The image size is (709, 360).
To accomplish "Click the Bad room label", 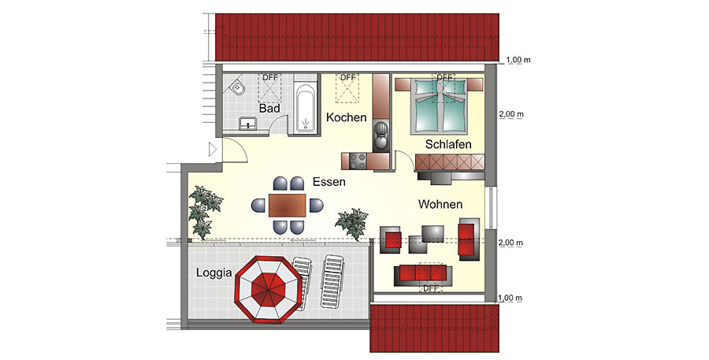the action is (269, 109).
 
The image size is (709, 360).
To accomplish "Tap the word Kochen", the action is (347, 117).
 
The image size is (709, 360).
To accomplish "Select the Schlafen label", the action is (448, 144).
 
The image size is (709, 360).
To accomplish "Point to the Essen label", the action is (329, 182).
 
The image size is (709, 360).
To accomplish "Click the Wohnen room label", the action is (440, 205).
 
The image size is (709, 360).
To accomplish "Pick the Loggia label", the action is (213, 273).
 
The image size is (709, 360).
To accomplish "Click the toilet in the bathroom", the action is (237, 87).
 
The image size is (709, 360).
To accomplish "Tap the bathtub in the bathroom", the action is (304, 107).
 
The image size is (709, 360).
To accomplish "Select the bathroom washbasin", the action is (247, 123).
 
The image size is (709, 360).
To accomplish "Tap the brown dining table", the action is (288, 206).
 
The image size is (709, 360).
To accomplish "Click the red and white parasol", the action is (268, 289).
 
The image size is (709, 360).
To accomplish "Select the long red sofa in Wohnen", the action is (423, 276).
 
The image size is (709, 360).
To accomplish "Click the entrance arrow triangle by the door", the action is (213, 149).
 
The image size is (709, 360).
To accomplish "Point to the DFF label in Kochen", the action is (348, 78).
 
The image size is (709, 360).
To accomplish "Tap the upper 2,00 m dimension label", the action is (511, 114).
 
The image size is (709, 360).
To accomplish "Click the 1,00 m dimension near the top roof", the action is (518, 60).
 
